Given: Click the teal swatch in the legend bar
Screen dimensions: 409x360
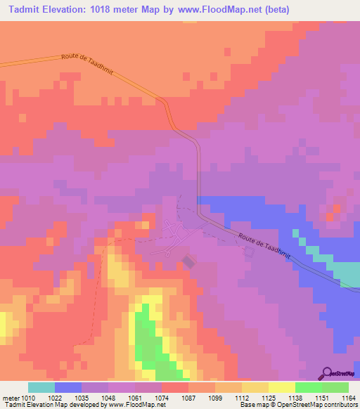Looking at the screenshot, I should click(41, 387).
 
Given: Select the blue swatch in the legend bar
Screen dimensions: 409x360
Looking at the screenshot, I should click(67, 387).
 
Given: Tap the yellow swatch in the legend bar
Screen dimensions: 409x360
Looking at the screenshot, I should click(282, 387).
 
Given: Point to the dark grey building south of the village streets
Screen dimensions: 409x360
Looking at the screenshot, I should click(188, 261).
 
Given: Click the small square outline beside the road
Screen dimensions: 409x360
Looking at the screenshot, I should click(249, 251).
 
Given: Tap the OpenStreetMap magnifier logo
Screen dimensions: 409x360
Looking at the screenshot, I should click(327, 372).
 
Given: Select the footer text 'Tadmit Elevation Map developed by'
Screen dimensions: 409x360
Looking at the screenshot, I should click(49, 405).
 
